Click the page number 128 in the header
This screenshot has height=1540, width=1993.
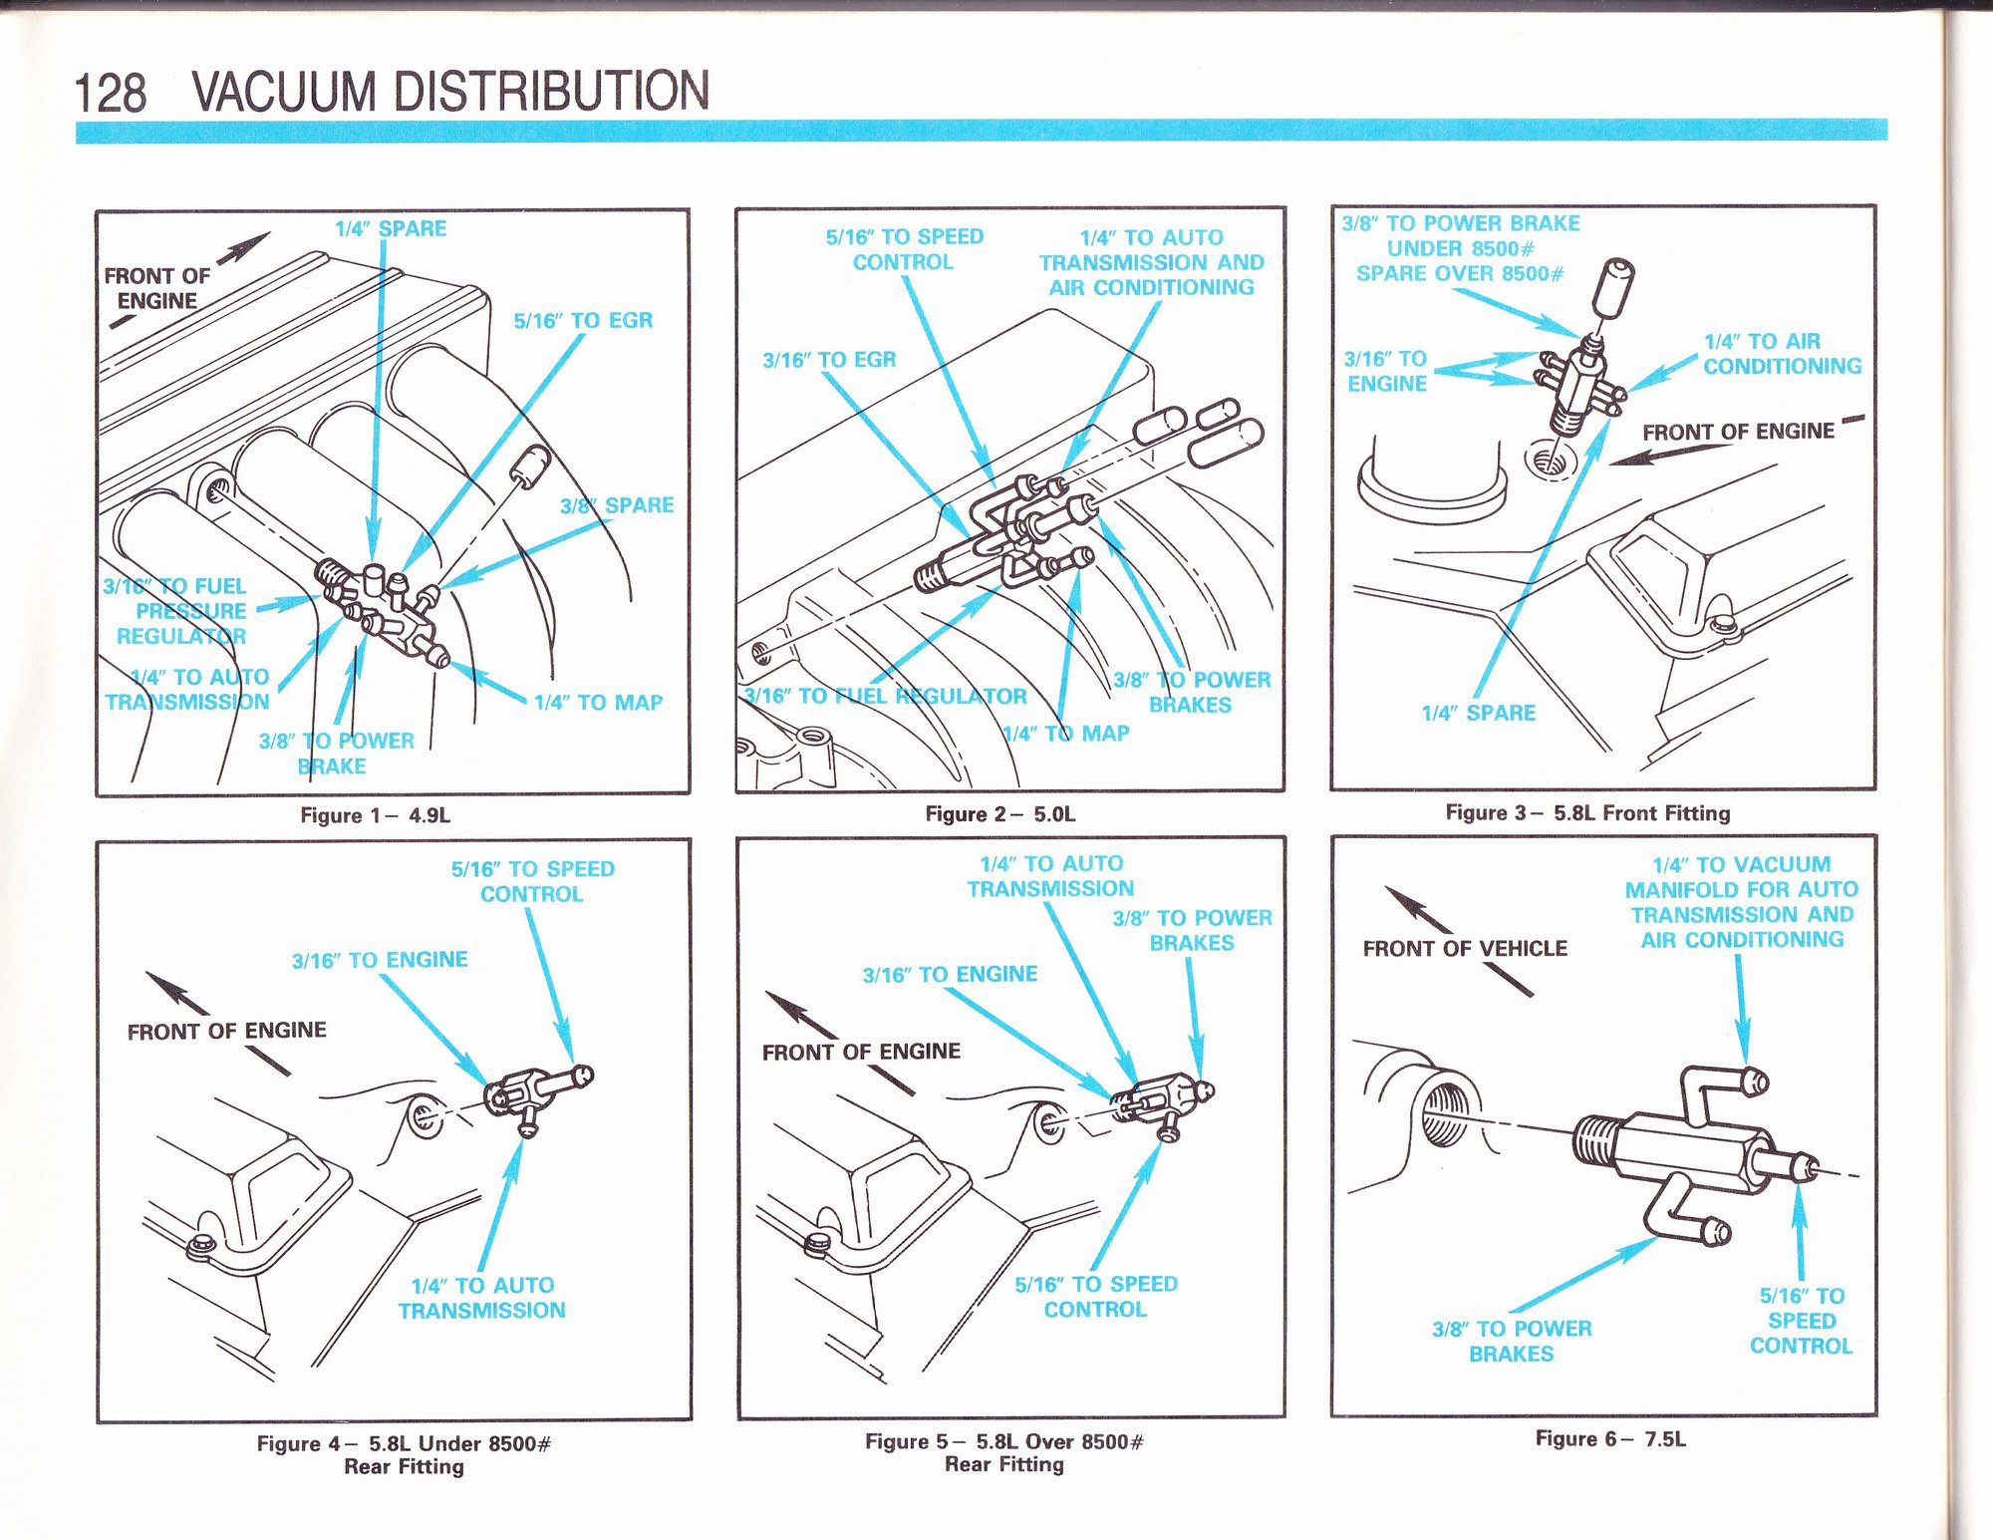111,93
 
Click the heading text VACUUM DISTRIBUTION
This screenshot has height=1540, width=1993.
450,91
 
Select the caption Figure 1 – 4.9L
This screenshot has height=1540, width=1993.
375,815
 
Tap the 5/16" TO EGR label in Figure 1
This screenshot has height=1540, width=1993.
583,321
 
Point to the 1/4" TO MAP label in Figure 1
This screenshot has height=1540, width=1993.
598,703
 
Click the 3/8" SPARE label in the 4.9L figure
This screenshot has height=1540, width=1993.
617,505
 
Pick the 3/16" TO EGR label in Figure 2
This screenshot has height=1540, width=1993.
829,360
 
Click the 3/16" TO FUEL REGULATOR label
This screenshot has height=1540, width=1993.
885,696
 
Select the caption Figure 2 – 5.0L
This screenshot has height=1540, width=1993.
999,813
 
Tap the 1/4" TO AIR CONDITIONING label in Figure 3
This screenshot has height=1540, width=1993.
1781,354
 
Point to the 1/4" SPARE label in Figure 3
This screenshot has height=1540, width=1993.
1478,713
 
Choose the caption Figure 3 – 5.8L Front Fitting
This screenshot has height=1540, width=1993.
1587,812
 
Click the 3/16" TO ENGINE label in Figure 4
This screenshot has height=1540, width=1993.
380,960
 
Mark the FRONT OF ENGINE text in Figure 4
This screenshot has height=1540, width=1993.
226,1031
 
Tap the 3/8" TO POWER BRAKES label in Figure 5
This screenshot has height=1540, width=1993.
1192,930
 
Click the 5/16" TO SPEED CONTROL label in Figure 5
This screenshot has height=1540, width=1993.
1095,1297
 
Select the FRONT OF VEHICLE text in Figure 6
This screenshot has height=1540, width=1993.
1465,948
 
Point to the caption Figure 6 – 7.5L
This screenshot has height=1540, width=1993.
1609,1438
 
